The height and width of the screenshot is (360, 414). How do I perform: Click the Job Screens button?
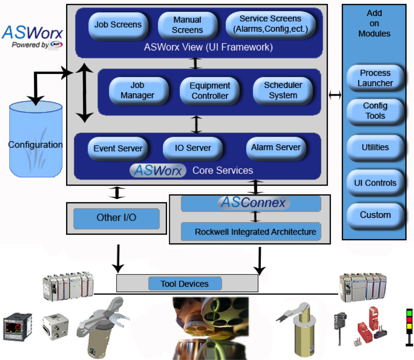pos(118,25)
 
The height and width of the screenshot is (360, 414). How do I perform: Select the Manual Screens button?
pos(187,25)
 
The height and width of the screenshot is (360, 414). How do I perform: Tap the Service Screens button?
pos(270,24)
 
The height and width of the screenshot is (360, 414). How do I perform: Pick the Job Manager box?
pos(139,91)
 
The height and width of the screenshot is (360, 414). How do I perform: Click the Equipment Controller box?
pos(210,91)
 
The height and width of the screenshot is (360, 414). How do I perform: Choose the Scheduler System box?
pos(283,91)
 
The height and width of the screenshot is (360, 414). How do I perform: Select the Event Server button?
pos(118,148)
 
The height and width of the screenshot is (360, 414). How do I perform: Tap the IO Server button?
pos(193,148)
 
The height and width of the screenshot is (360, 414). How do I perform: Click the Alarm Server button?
pos(276,148)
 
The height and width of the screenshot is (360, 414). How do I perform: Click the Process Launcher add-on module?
pos(375,78)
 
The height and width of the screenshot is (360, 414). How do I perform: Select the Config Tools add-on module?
pos(375,111)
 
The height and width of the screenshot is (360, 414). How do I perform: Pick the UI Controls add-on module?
pos(375,182)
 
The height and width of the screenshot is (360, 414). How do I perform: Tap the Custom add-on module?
pos(375,215)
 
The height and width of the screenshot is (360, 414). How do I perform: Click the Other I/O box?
pos(116,218)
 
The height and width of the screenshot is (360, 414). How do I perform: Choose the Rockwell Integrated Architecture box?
pos(255,232)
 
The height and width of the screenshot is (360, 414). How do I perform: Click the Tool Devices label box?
pos(185,284)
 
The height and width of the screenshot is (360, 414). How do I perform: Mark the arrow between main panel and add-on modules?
pos(335,95)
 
